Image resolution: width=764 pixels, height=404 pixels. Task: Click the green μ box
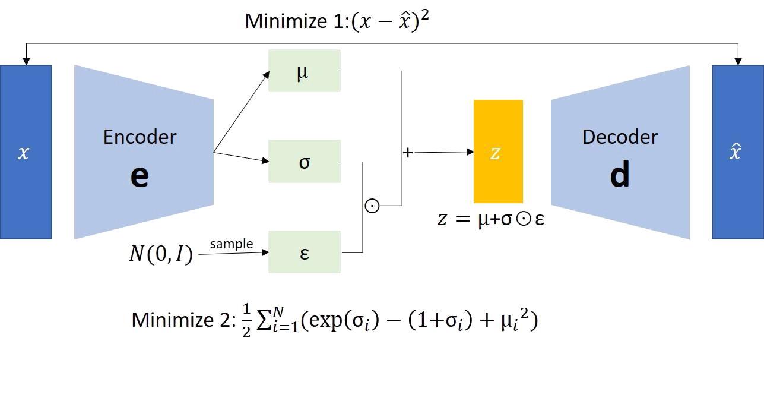[x=304, y=71]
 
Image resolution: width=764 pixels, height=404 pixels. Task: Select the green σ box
[x=304, y=161]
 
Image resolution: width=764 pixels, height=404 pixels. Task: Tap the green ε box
[x=304, y=252]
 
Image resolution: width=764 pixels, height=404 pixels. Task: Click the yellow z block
[x=498, y=151]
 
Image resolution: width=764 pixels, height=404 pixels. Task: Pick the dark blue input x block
[x=26, y=152]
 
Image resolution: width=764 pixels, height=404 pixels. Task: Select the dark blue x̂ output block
[x=737, y=152]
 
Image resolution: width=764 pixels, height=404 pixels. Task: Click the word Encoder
[x=140, y=137]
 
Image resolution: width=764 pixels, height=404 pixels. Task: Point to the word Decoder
[x=620, y=137]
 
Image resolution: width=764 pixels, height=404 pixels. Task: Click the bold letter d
[x=620, y=175]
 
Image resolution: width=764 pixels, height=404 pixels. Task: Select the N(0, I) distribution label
[x=161, y=255]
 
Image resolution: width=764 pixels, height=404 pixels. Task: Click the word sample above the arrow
[x=232, y=244]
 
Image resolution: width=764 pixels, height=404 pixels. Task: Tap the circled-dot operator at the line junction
[x=372, y=206]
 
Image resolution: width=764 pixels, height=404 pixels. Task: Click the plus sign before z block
[x=408, y=153]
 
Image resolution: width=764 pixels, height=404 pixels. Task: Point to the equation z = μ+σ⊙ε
[x=490, y=219]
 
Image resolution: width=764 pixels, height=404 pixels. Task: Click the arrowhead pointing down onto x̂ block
[x=738, y=61]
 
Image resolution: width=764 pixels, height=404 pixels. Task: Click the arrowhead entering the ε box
[x=265, y=252]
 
